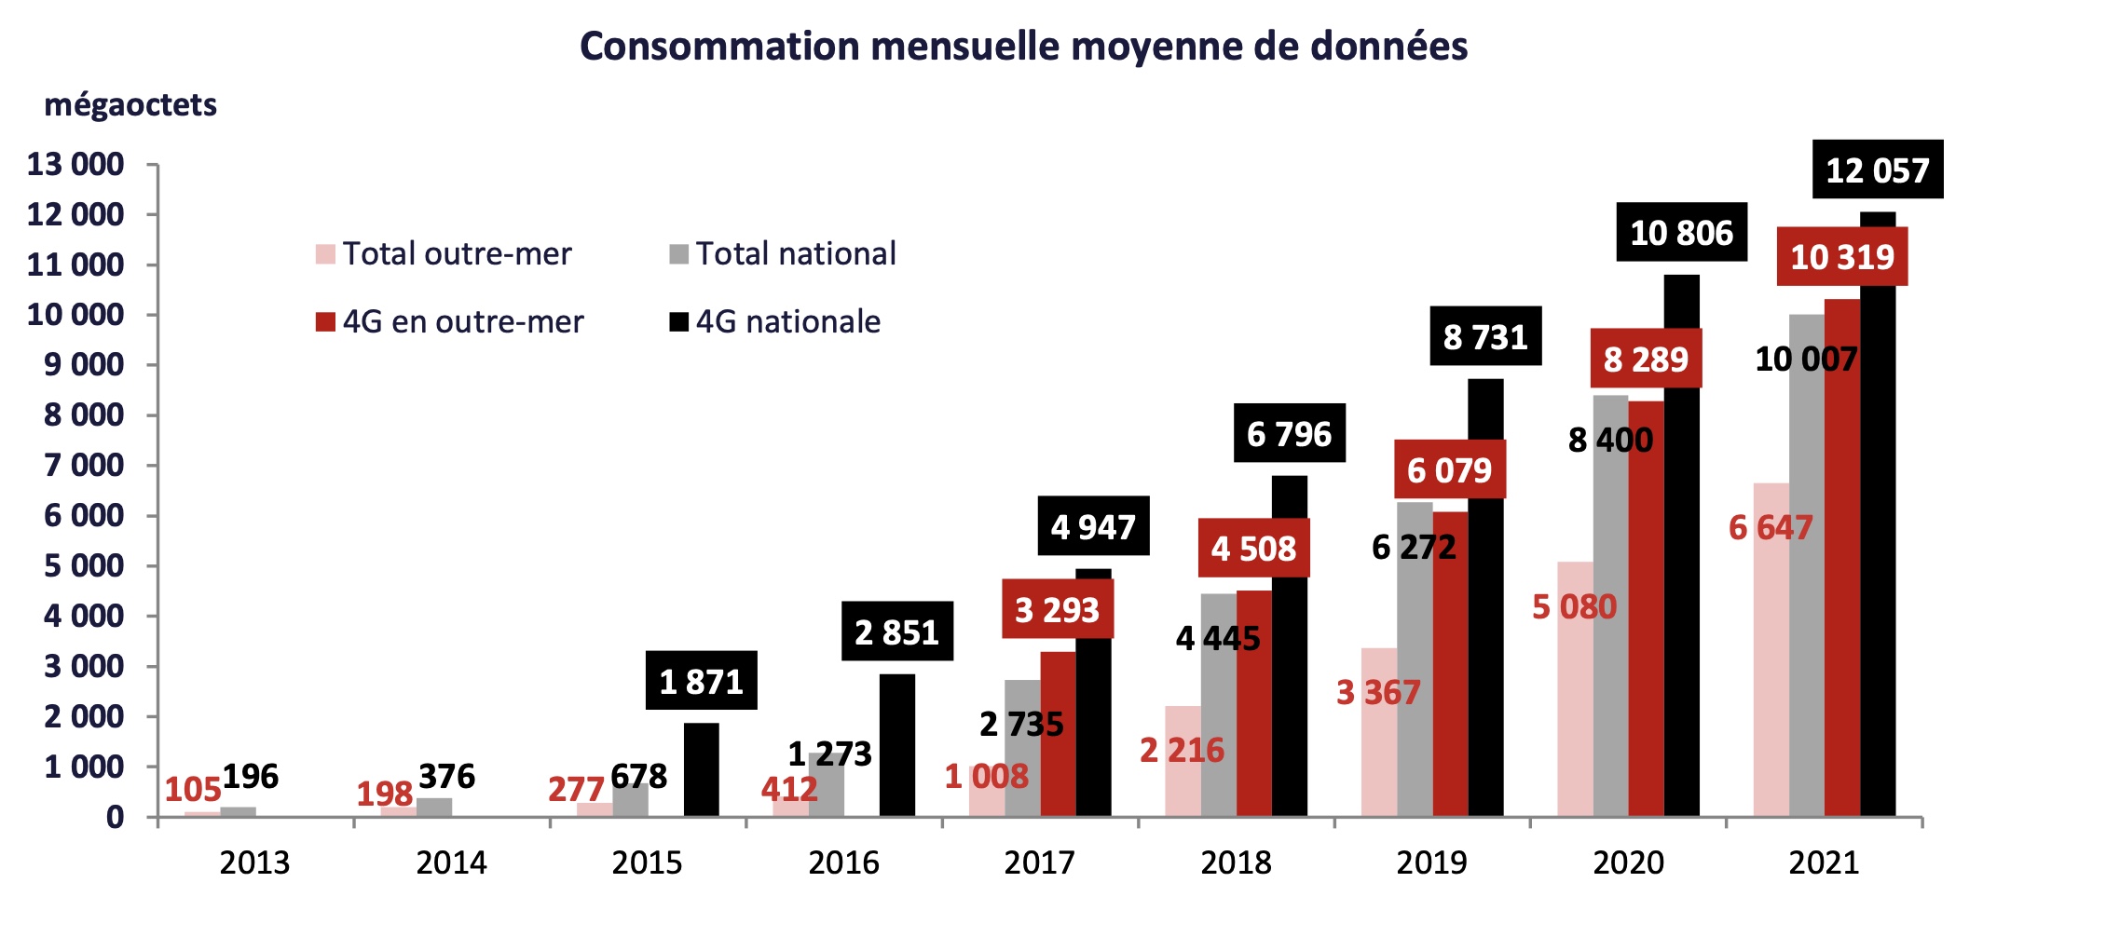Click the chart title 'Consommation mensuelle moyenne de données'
pyautogui.click(x=1023, y=47)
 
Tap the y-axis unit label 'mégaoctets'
pyautogui.click(x=130, y=105)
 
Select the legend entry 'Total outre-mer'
pyautogui.click(x=444, y=253)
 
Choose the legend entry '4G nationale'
pyautogui.click(x=775, y=321)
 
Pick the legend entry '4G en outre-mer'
pyautogui.click(x=450, y=321)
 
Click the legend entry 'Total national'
pyautogui.click(x=783, y=253)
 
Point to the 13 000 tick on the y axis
pyautogui.click(x=75, y=165)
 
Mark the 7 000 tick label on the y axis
pyautogui.click(x=84, y=465)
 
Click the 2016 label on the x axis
pyautogui.click(x=843, y=862)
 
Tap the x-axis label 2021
pyautogui.click(x=1824, y=862)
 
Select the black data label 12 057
pyautogui.click(x=1877, y=170)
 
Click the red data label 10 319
pyautogui.click(x=1842, y=257)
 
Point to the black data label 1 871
pyautogui.click(x=701, y=682)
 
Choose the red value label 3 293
pyautogui.click(x=1057, y=610)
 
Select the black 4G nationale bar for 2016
pyautogui.click(x=896, y=745)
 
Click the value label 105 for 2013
pyautogui.click(x=193, y=790)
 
